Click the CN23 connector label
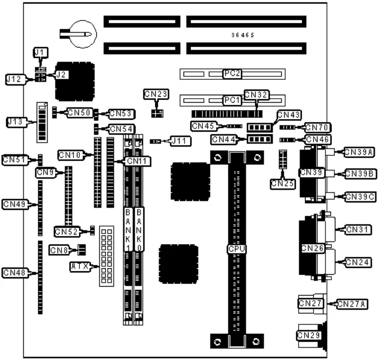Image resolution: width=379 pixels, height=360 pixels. point(156,93)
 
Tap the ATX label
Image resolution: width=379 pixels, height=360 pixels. point(79,267)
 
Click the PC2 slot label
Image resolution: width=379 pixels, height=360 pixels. point(232,74)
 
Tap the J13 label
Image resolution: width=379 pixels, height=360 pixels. point(15,120)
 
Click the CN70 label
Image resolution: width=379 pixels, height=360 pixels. point(318,127)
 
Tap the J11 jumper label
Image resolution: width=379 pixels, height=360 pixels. point(177,141)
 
